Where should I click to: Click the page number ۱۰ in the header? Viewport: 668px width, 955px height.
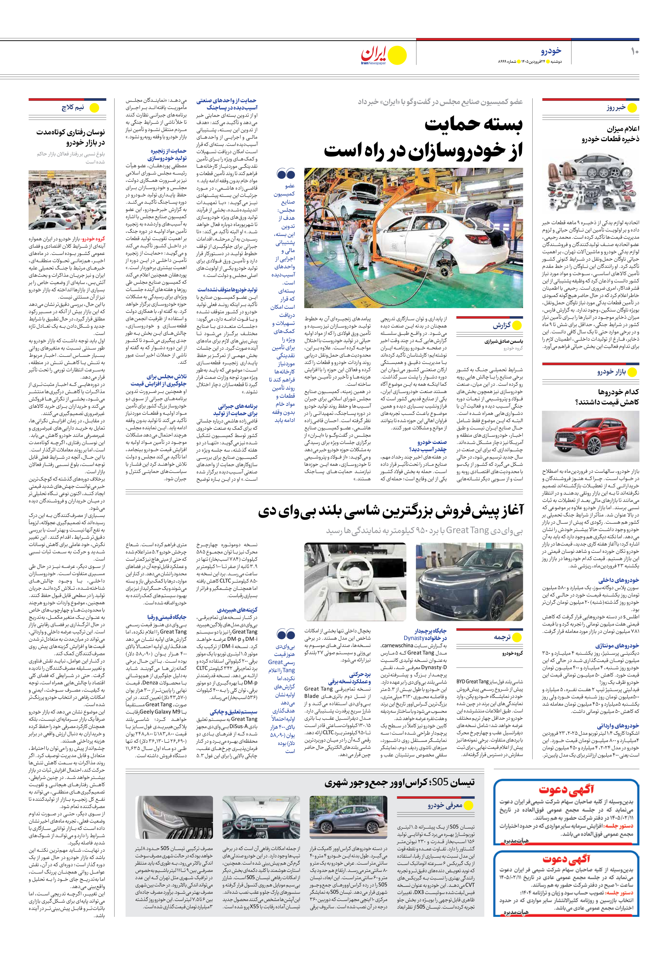tap(634, 52)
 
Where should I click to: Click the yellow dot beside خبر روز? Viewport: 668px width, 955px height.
tap(632, 108)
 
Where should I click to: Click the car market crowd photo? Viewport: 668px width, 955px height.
tap(67, 200)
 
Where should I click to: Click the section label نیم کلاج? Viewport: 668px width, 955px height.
tap(73, 108)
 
